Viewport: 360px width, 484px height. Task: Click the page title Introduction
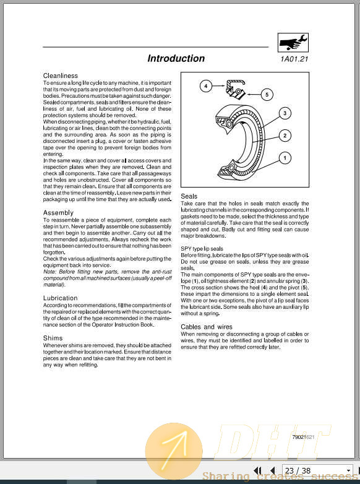pyautogui.click(x=176, y=59)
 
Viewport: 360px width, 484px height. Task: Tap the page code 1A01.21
pyautogui.click(x=294, y=59)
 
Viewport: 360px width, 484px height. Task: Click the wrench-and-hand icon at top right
pyautogui.click(x=294, y=42)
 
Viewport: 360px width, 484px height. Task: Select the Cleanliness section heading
pyautogui.click(x=61, y=76)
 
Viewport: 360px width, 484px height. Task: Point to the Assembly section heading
pyautogui.click(x=58, y=212)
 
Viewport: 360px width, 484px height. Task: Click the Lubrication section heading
pyautogui.click(x=61, y=298)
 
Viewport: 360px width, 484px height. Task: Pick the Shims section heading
pyautogui.click(x=53, y=339)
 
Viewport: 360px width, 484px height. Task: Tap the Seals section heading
pyautogui.click(x=189, y=196)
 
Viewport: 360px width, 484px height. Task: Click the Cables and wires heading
pyautogui.click(x=207, y=327)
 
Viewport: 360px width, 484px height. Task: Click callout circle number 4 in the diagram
pyautogui.click(x=205, y=86)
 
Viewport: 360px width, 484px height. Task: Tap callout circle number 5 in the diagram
pyautogui.click(x=267, y=95)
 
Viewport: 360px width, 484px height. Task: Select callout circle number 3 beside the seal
pyautogui.click(x=284, y=113)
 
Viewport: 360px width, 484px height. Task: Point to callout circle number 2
pyautogui.click(x=284, y=136)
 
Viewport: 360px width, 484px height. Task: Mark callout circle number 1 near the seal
pyautogui.click(x=284, y=158)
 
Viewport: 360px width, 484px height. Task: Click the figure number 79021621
pyautogui.click(x=303, y=437)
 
